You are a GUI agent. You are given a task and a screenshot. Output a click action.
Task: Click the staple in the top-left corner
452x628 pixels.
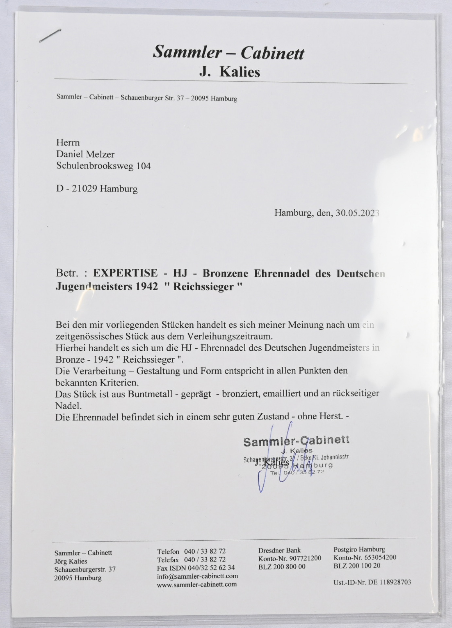(50, 36)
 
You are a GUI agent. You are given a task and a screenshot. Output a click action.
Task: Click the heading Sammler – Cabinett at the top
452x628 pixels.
(228, 52)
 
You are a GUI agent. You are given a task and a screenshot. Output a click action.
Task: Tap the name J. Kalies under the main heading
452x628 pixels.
(230, 72)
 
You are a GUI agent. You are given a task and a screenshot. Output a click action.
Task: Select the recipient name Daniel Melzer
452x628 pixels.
(85, 154)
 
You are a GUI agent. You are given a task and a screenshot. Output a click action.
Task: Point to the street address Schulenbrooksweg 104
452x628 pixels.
(103, 166)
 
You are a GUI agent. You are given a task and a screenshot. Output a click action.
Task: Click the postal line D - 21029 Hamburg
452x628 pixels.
(97, 189)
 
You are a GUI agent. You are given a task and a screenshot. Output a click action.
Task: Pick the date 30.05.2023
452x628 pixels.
(357, 213)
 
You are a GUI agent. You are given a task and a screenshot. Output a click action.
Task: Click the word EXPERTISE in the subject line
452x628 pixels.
(125, 273)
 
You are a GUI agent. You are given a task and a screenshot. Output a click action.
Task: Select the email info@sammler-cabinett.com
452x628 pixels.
(197, 576)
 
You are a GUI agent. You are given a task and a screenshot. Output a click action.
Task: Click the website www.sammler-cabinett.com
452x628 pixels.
(197, 584)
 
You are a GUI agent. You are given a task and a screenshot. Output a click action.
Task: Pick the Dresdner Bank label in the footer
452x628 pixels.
(279, 550)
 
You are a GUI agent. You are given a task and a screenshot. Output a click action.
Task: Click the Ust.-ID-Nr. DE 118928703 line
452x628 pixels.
(372, 582)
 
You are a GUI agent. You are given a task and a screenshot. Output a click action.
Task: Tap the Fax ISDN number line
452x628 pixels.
(196, 567)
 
